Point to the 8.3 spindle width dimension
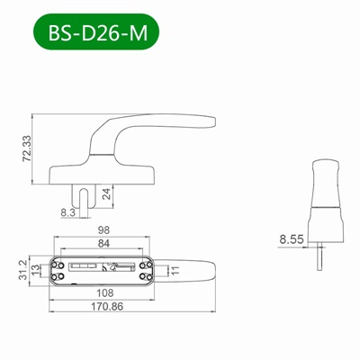[x=67, y=211]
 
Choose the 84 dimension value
[x=104, y=244]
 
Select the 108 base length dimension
[x=106, y=292]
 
